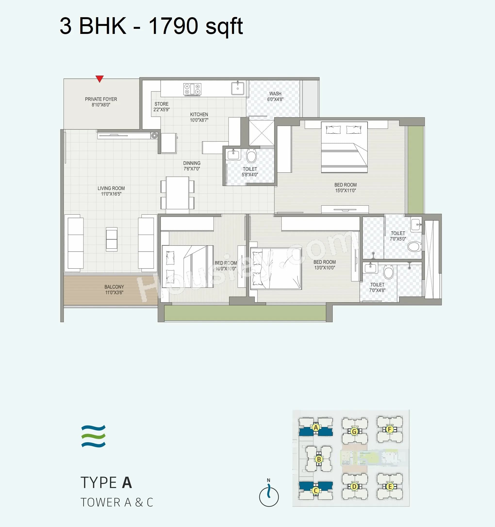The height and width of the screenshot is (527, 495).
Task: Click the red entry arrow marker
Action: [x=99, y=79]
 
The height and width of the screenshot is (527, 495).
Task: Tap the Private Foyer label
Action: [x=101, y=99]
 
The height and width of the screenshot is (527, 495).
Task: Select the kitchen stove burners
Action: [x=192, y=89]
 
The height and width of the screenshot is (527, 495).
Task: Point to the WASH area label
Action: [x=275, y=93]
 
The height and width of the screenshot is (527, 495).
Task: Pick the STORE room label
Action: [x=161, y=104]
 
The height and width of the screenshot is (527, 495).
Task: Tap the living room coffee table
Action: [x=112, y=239]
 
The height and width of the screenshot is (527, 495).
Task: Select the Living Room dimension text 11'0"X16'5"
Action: [x=111, y=194]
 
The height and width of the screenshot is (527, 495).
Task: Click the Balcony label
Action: [x=114, y=287]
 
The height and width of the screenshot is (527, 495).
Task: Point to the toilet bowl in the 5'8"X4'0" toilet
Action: [x=251, y=156]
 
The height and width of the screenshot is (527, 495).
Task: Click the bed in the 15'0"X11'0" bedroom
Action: [x=344, y=147]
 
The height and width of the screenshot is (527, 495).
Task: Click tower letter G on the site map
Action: [x=354, y=432]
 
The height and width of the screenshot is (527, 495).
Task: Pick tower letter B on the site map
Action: [x=319, y=459]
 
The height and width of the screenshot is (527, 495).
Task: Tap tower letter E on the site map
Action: [x=390, y=487]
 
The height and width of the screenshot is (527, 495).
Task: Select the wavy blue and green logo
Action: [x=93, y=436]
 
